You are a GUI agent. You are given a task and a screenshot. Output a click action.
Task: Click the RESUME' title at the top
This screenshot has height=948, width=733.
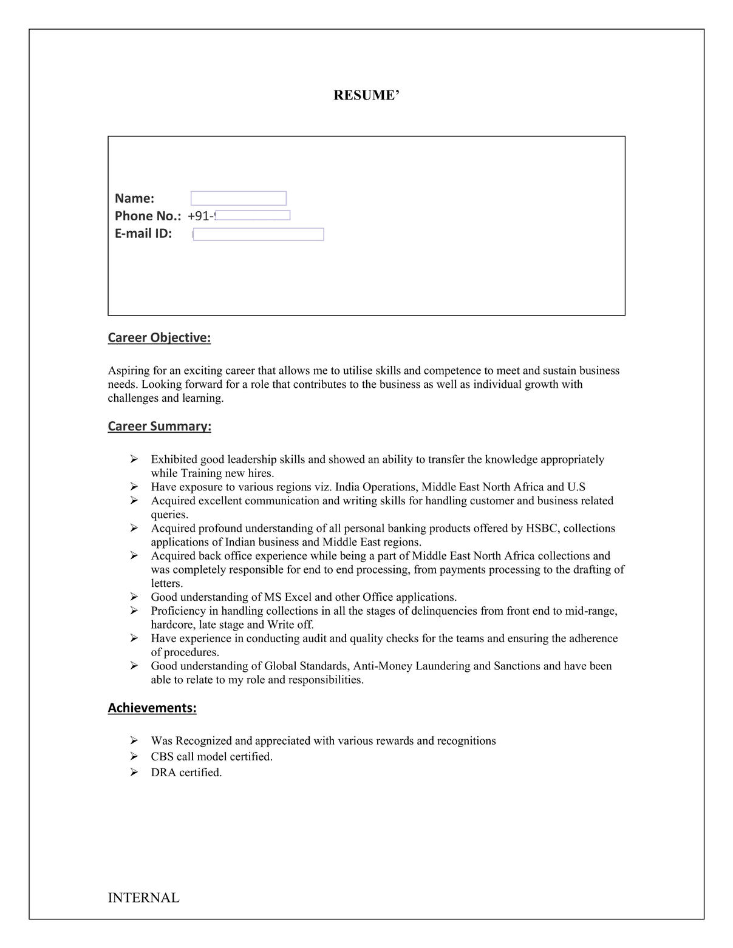(366, 95)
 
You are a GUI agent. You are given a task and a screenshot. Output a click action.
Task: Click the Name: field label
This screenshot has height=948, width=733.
(134, 198)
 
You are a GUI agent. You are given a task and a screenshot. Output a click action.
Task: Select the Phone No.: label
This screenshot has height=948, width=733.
(148, 216)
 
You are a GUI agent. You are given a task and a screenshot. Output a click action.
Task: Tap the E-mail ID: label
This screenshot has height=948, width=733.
(143, 234)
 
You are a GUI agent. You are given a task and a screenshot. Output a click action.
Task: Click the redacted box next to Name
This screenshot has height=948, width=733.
(238, 198)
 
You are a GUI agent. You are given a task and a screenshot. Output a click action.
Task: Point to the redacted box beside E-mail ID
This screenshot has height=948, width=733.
(258, 234)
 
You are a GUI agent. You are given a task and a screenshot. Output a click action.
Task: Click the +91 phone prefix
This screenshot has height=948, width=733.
(199, 216)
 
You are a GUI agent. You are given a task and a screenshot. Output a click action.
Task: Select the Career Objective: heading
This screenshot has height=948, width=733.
(159, 337)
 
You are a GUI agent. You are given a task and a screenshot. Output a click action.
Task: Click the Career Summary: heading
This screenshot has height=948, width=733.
(159, 426)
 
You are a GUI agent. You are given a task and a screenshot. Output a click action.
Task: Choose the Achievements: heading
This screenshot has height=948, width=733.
(152, 708)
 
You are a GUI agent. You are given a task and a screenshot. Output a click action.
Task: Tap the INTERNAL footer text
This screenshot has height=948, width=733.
(143, 898)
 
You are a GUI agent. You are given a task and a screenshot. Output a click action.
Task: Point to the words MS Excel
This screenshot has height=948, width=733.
(287, 597)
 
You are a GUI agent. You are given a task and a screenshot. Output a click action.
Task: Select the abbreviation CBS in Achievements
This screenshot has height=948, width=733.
(162, 757)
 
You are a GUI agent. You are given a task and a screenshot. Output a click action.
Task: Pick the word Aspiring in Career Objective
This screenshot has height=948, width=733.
(128, 371)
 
